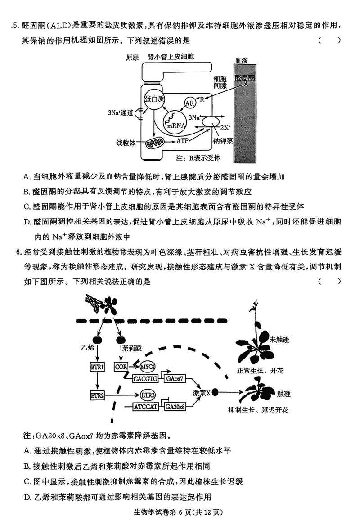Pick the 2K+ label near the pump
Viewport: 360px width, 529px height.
224,127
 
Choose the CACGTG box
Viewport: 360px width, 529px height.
146,379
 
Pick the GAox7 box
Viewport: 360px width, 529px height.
175,379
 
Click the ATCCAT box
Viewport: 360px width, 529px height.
146,407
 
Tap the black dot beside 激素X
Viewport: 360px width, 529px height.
216,392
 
